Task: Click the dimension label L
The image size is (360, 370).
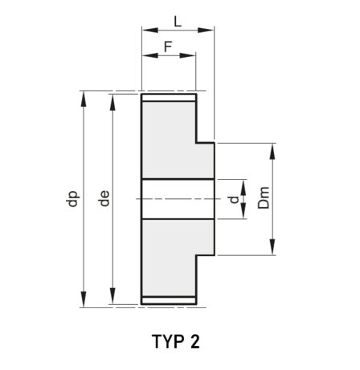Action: pos(178,22)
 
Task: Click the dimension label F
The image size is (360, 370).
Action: pos(168,47)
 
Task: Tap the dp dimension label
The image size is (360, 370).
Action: pos(72,199)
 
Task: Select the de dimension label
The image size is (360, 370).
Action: pos(104,198)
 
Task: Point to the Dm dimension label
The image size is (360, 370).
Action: pos(264,197)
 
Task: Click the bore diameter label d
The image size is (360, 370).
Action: pos(235,199)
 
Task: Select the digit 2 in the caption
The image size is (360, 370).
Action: pos(195,341)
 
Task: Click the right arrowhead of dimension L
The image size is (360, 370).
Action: pos(206,30)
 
